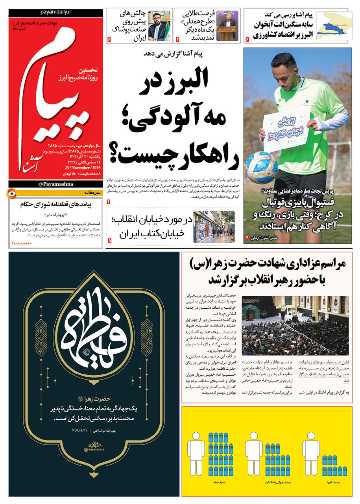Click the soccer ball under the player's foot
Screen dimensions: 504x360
pos(262,167)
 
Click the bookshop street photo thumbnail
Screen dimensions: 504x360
pos(214,226)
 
